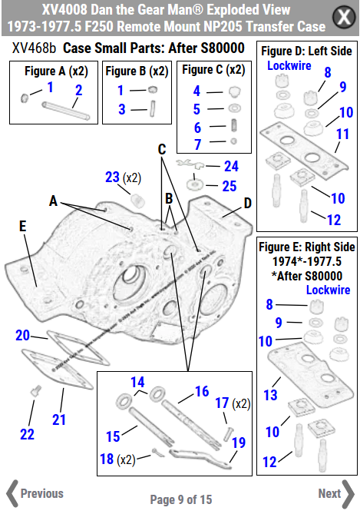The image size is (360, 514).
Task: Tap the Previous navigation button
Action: tap(35, 493)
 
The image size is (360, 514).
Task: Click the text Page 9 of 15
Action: tap(181, 499)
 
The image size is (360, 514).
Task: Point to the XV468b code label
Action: tap(34, 48)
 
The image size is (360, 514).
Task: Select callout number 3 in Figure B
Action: tap(121, 109)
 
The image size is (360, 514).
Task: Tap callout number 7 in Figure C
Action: tap(197, 144)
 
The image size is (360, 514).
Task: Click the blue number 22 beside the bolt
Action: tap(27, 434)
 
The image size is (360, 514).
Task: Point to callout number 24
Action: tap(231, 165)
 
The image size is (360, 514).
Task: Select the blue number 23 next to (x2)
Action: tap(112, 177)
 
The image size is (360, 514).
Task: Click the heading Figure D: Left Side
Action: tap(306, 51)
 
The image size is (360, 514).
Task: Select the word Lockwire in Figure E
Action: tap(328, 290)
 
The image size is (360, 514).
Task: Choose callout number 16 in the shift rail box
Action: tap(201, 391)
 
